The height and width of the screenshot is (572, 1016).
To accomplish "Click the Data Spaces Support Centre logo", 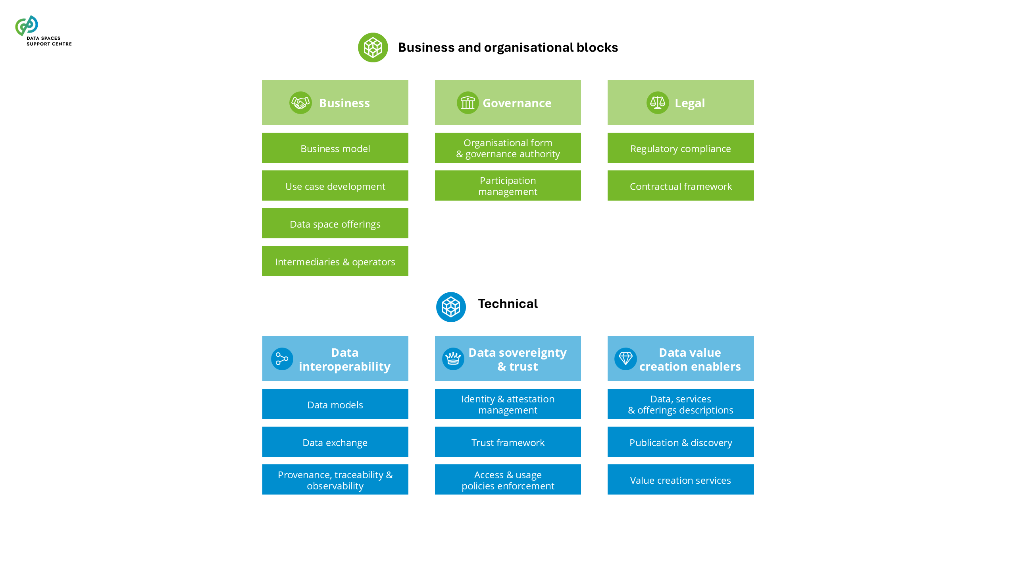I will [x=43, y=31].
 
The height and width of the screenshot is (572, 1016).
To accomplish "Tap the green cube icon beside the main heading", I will [x=373, y=48].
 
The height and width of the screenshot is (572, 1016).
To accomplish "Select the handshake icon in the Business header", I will [x=300, y=103].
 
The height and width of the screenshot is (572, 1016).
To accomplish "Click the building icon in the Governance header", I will [x=468, y=103].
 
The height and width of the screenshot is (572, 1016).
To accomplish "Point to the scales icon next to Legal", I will [x=657, y=103].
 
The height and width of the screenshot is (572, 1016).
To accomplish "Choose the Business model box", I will [x=335, y=148].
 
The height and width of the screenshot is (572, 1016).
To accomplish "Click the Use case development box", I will [x=335, y=186].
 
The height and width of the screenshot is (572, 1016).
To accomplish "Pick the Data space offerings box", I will [x=335, y=224].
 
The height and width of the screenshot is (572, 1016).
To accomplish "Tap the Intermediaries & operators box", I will [x=335, y=261].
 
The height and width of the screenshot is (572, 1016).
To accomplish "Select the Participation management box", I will [x=508, y=186].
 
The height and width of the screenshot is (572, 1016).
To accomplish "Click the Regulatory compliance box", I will [x=680, y=148].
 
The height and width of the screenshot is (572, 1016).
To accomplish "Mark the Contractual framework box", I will [x=680, y=186].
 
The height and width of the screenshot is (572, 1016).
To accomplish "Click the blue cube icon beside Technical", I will [x=451, y=307].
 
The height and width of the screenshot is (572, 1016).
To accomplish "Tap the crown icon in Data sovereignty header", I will [x=453, y=359].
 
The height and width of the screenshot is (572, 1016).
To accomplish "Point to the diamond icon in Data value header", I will [x=625, y=359].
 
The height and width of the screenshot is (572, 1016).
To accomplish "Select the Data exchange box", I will [x=335, y=442].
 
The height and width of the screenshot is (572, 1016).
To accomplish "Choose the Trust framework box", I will [x=508, y=442].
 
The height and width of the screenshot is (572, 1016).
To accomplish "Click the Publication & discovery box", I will [x=680, y=442].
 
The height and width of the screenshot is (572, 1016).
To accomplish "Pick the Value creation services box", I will [x=680, y=480].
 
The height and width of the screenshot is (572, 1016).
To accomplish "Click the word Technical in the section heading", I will [x=508, y=304].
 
